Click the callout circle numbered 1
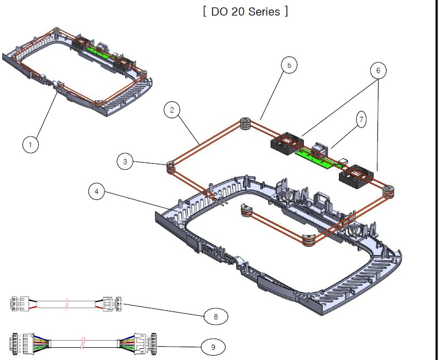click(30, 145)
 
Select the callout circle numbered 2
click(172, 110)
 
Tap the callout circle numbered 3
click(125, 162)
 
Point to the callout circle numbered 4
click(96, 191)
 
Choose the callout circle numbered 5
click(289, 65)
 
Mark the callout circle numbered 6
click(378, 70)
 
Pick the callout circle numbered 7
click(361, 119)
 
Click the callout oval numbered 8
click(216, 317)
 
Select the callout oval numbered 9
click(213, 347)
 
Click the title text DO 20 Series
click(246, 12)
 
